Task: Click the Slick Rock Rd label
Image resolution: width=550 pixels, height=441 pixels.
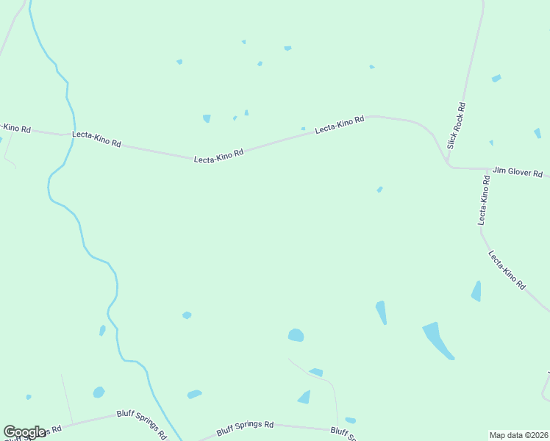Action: click(457, 125)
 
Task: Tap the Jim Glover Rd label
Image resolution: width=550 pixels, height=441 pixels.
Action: click(517, 172)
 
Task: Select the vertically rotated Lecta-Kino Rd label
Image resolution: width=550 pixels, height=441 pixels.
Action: click(484, 200)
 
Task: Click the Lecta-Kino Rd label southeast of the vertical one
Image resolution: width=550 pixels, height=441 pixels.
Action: click(507, 269)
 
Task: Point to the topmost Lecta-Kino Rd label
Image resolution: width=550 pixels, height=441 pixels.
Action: click(340, 125)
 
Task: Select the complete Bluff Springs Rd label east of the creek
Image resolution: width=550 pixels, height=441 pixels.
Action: click(245, 426)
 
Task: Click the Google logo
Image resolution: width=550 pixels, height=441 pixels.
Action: click(24, 432)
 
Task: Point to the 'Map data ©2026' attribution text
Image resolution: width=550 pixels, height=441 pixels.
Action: click(518, 434)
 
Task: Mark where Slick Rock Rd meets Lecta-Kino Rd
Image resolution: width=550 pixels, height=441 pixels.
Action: click(449, 165)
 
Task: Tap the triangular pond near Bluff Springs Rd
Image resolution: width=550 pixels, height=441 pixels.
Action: click(304, 397)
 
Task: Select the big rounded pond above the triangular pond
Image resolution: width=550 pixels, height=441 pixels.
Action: click(296, 335)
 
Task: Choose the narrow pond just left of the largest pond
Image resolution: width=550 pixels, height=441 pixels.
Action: click(381, 312)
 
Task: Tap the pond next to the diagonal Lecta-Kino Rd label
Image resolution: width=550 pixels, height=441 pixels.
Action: click(476, 291)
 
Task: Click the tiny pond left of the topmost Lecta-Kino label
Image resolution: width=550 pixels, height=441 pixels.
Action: click(303, 129)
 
